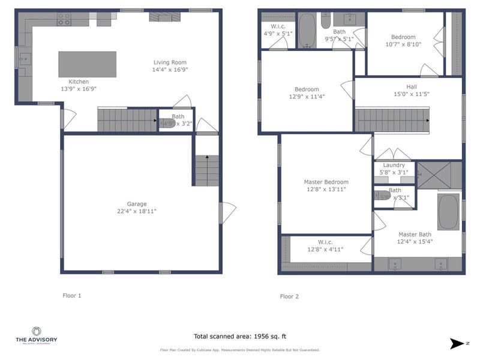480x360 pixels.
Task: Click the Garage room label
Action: tap(136, 204)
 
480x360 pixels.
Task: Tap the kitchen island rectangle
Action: tap(88, 64)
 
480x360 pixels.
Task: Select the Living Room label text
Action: tap(170, 62)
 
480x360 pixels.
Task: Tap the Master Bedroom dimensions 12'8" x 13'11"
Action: tap(326, 190)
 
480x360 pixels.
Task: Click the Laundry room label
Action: tap(394, 165)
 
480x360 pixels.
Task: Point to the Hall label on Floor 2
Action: tap(411, 86)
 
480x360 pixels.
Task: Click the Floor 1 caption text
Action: tap(72, 295)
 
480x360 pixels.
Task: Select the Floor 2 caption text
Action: tap(289, 296)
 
